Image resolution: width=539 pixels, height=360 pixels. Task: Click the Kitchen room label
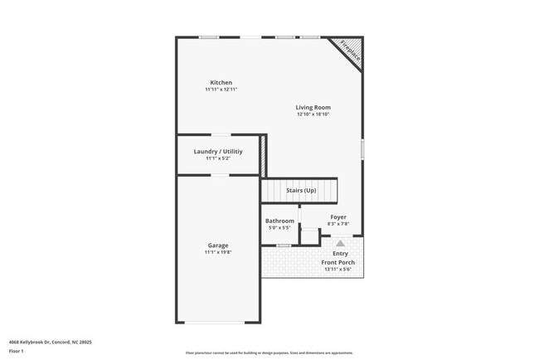coord(221,82)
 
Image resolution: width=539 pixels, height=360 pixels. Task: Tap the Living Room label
coord(313,107)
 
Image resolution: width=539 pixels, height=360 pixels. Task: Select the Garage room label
coord(218,245)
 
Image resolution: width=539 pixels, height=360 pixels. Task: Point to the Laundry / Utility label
coord(218,152)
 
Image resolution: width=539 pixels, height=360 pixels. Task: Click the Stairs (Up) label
coord(301,191)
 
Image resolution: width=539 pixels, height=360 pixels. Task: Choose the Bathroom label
coord(279,221)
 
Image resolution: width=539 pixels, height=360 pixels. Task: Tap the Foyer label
coord(338,216)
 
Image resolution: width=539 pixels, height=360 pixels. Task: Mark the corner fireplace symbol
coord(349,52)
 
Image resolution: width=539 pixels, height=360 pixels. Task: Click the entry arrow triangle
coord(340,244)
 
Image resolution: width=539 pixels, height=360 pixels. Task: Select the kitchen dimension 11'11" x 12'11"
coord(221,90)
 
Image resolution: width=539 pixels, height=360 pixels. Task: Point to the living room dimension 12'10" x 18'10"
coord(313,114)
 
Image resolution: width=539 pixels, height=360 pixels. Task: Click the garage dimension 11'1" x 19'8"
coord(218,252)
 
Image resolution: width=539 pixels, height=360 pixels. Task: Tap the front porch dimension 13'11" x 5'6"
coord(337,270)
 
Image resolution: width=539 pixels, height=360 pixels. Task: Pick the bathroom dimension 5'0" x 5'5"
coord(279,227)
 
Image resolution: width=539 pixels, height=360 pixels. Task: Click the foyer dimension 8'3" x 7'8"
coord(338,223)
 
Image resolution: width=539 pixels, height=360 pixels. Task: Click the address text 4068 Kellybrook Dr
coord(50,342)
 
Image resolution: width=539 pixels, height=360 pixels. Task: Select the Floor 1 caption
coord(16,352)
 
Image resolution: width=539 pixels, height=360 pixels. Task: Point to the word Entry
coord(340,254)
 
